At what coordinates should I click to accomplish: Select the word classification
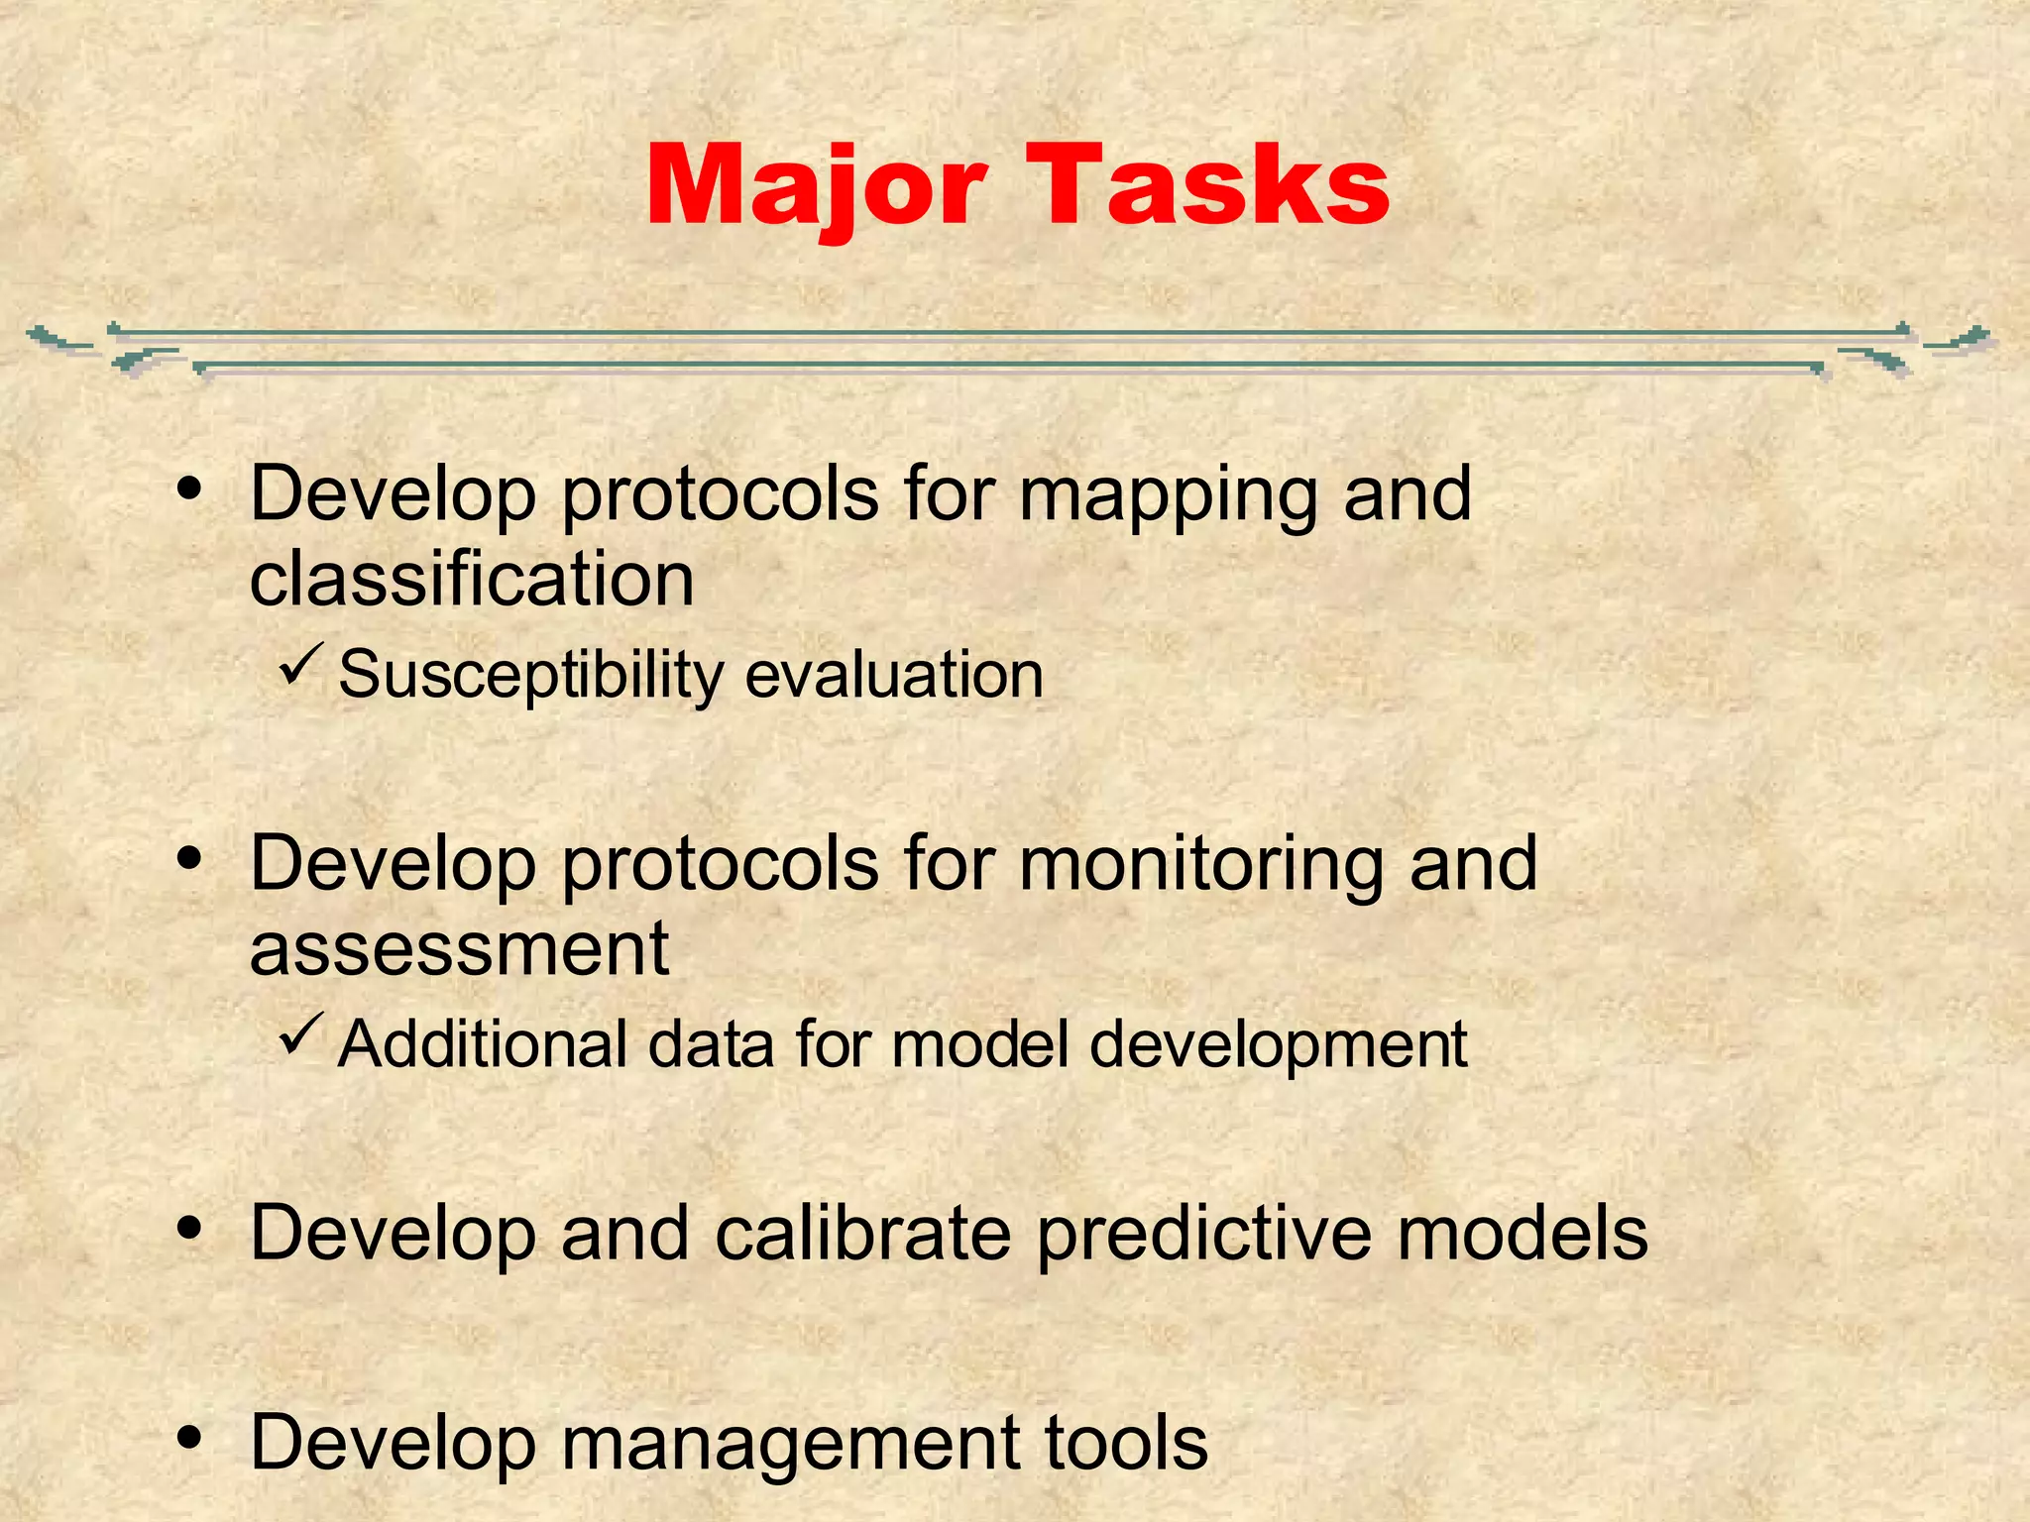pyautogui.click(x=472, y=580)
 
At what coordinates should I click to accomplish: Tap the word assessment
pyautogui.click(x=459, y=949)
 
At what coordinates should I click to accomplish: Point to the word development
pyautogui.click(x=1278, y=1046)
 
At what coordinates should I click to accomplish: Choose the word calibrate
pyautogui.click(x=863, y=1235)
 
